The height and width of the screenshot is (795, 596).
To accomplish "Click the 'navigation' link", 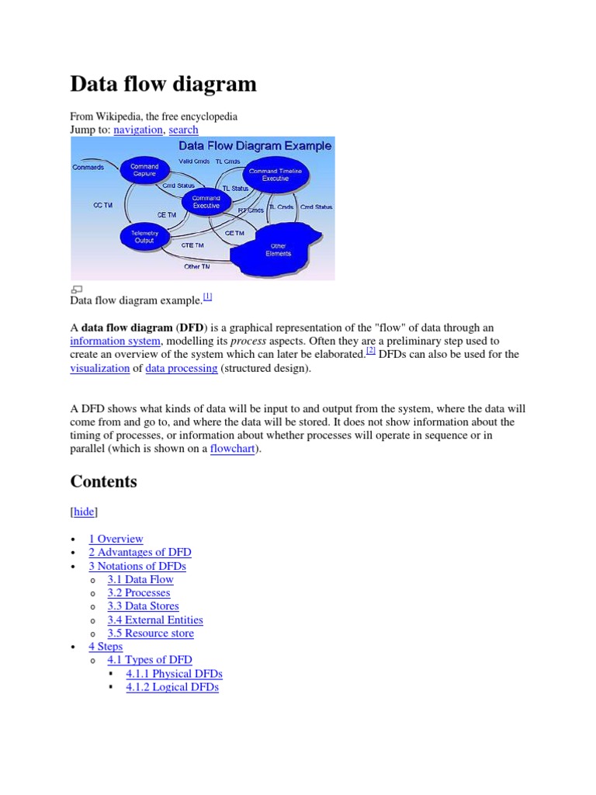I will pos(138,130).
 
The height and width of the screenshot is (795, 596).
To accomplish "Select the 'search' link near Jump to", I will pos(183,130).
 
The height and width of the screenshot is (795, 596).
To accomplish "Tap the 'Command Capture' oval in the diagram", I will pos(144,170).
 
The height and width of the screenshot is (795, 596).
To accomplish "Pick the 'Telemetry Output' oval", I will pos(144,237).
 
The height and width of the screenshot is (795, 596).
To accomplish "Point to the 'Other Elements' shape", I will pos(277,249).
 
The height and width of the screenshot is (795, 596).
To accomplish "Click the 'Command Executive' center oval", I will pos(206,202).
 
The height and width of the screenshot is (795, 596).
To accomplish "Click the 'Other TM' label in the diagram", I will pos(196,266).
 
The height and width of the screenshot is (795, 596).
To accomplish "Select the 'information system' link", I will pos(116,341).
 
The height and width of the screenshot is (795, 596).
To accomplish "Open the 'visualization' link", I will pos(100,368).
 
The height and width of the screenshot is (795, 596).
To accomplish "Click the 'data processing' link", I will pos(182,368).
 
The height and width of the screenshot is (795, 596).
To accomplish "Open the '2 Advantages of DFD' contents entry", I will pos(140,552).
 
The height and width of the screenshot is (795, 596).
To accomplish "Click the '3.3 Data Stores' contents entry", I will pos(143,606).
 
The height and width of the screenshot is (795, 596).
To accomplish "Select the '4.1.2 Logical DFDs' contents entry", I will pos(172,686).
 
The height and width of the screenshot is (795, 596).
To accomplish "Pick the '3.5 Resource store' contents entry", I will pos(151,633).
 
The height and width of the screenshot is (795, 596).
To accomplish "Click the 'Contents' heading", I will pos(103,481).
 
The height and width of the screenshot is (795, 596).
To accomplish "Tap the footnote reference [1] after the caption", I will pos(208,297).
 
